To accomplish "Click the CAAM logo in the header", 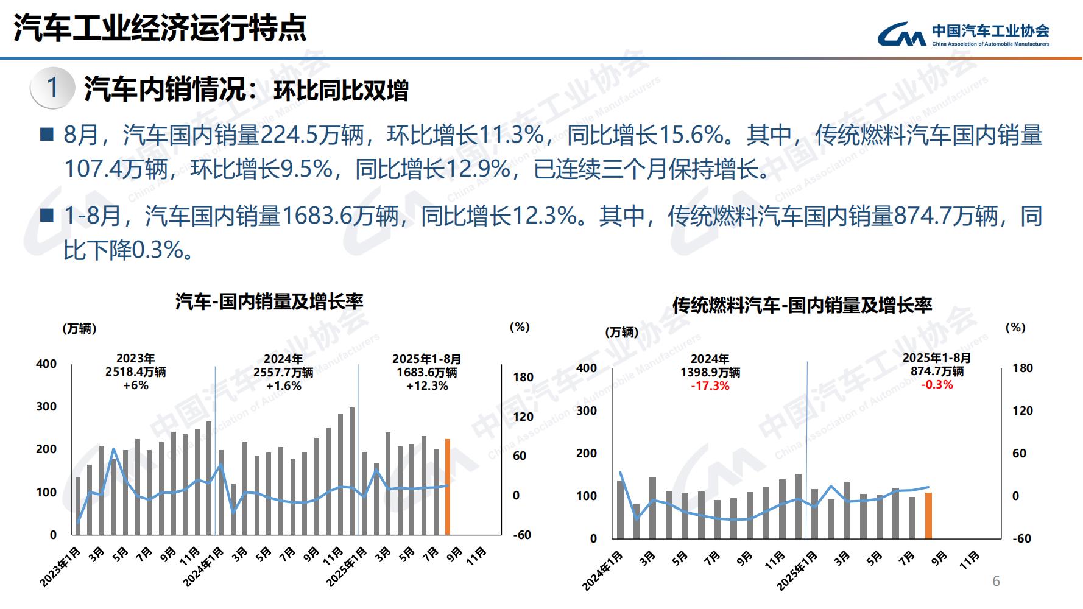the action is [964, 35].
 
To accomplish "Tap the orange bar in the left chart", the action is [448, 487].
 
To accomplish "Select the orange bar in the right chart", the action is [928, 515].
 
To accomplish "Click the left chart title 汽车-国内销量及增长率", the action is [269, 301].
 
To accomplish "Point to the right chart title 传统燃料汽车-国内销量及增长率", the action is [802, 305].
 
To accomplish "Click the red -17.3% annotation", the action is [710, 386].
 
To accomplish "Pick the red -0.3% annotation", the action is [937, 385].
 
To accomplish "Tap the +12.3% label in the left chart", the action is [427, 386].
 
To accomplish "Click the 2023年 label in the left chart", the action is [135, 359].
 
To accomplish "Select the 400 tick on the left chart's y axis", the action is [46, 364].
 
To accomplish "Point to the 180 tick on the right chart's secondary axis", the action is [1023, 368].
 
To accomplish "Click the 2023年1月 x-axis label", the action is [60, 567].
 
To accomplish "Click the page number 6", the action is [996, 581].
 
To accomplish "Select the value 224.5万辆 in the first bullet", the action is [312, 135].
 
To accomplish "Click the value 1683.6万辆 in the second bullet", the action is [340, 216].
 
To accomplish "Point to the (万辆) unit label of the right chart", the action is [622, 333].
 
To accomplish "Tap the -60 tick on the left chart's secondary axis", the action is [523, 535].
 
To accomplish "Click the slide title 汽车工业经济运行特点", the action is [160, 28].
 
